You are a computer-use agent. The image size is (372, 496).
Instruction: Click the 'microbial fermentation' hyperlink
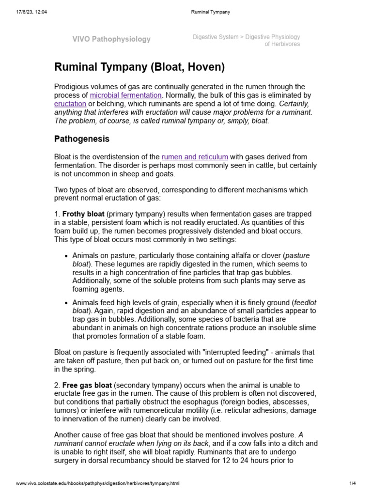click(x=125, y=95)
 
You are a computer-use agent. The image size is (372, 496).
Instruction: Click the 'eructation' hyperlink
click(x=70, y=104)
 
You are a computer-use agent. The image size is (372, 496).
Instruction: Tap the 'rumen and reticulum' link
click(x=195, y=157)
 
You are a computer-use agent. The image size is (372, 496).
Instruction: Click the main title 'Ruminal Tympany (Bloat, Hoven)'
click(x=139, y=67)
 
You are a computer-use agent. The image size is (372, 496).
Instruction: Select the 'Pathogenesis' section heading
click(x=81, y=139)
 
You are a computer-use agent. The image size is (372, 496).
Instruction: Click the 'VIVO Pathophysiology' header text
click(x=111, y=39)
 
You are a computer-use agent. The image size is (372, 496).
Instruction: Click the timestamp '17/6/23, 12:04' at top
click(x=32, y=12)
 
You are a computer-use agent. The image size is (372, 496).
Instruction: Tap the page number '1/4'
click(x=352, y=483)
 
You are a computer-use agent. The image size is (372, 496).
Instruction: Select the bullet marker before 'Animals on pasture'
click(x=66, y=256)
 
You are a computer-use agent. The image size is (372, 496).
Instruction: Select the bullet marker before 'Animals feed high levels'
click(x=66, y=302)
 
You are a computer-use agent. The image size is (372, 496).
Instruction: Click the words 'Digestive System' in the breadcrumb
click(x=216, y=37)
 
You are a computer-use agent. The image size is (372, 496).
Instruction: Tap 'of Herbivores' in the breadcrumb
click(x=282, y=44)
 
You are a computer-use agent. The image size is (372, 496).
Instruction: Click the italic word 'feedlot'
click(x=305, y=302)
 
